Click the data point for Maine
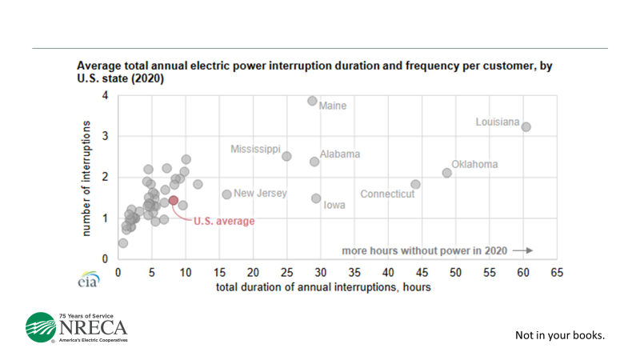pyautogui.click(x=312, y=101)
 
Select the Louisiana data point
pyautogui.click(x=526, y=126)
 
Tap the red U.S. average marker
pyautogui.click(x=173, y=200)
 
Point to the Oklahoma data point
pyautogui.click(x=447, y=173)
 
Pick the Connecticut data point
pyautogui.click(x=415, y=184)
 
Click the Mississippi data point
pyautogui.click(x=286, y=156)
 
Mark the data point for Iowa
pyautogui.click(x=316, y=198)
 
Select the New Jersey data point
pyautogui.click(x=226, y=194)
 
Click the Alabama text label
pyautogui.click(x=340, y=154)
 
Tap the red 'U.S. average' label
pyautogui.click(x=224, y=221)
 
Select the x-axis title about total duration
pyautogui.click(x=323, y=287)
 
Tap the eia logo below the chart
pyautogui.click(x=87, y=282)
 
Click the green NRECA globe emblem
pyautogui.click(x=41, y=328)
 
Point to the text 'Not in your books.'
pyautogui.click(x=559, y=334)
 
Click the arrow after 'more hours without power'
pyautogui.click(x=522, y=250)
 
